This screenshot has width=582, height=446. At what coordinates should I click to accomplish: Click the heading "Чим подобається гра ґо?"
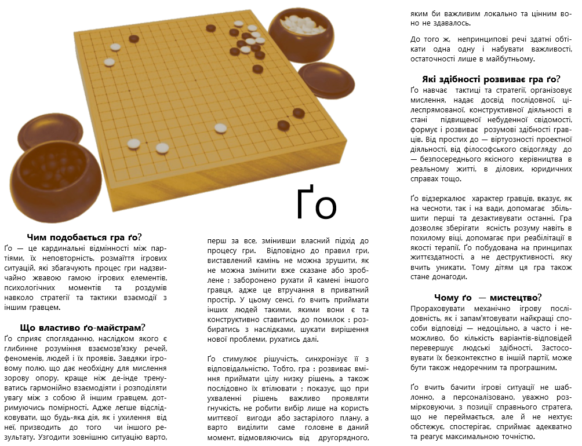pyautogui.click(x=84, y=237)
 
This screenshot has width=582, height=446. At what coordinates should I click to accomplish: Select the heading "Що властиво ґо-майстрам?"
pyautogui.click(x=82, y=327)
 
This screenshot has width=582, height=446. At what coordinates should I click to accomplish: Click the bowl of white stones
pyautogui.click(x=304, y=32)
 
